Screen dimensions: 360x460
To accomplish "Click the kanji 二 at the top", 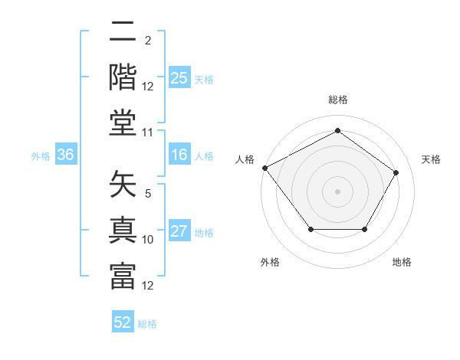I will click(x=123, y=32).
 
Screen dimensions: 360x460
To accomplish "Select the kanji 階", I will click(x=123, y=77).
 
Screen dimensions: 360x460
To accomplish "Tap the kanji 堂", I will click(x=123, y=123).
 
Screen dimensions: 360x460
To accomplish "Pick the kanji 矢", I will click(x=123, y=186).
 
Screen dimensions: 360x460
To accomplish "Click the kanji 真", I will click(x=123, y=231).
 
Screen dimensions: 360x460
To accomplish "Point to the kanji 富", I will click(x=123, y=276).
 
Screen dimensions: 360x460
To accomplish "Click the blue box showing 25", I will click(x=179, y=78).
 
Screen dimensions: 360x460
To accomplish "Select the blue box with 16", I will click(x=179, y=155).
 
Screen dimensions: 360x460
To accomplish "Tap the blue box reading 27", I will click(x=179, y=232).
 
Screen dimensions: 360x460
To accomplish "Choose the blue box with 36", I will click(x=65, y=155).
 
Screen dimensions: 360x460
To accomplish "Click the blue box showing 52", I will click(x=123, y=322).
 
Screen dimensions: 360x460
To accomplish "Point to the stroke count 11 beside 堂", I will click(x=148, y=133).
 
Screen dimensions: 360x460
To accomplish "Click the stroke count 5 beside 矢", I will click(x=148, y=195).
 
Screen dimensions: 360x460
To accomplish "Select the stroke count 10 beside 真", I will click(x=148, y=240).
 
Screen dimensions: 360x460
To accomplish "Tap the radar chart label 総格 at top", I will click(x=337, y=100).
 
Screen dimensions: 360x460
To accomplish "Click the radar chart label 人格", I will click(x=245, y=159).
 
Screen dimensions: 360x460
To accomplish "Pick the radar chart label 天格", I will click(x=431, y=159).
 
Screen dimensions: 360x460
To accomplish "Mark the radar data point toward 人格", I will click(x=264, y=168).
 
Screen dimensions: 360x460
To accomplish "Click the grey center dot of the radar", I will click(x=337, y=191).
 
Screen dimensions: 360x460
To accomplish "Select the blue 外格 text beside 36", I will click(x=41, y=156).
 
